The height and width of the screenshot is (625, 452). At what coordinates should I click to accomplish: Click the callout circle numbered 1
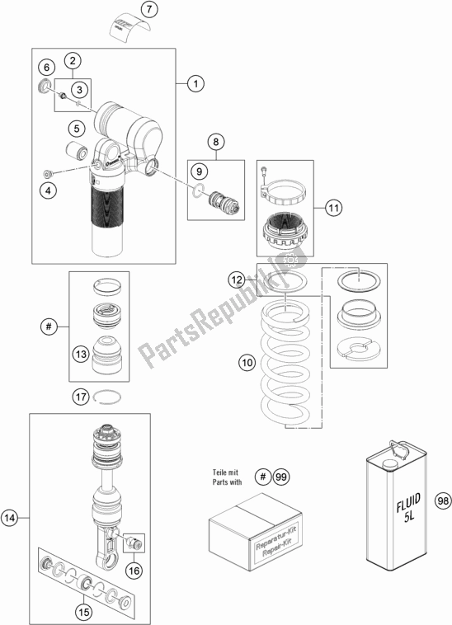point(195,82)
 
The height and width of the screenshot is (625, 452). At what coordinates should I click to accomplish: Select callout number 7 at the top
point(148,11)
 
